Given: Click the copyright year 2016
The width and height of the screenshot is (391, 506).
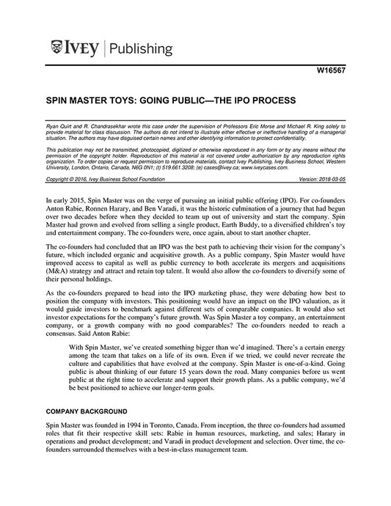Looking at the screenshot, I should point(78,178).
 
